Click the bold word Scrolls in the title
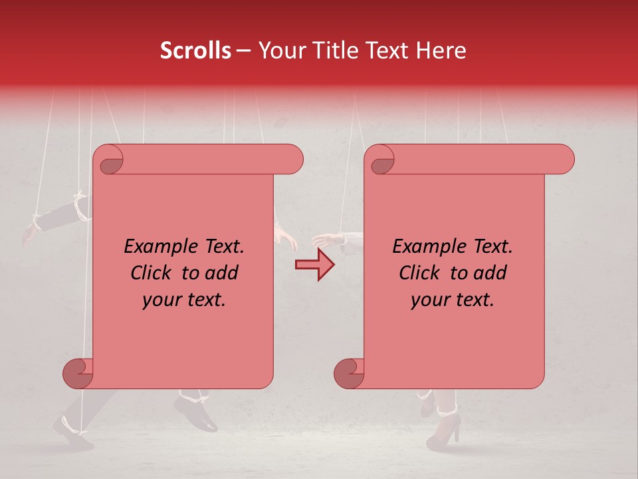(195, 51)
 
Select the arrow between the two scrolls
(314, 265)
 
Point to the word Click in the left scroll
(153, 273)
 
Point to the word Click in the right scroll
(421, 273)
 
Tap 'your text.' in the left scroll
(184, 300)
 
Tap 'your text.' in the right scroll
(453, 300)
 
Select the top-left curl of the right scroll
(380, 160)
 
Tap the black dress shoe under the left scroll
(197, 414)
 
